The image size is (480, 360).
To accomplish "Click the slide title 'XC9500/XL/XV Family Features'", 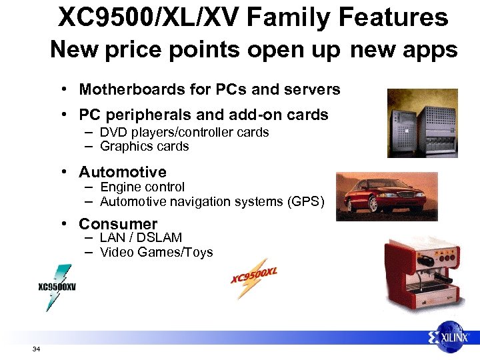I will point(253,17).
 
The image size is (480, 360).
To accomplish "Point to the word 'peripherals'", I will point(143,115).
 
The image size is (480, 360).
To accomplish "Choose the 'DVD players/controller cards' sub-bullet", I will point(184,132).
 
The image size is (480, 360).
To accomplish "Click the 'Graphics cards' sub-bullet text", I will point(144,146).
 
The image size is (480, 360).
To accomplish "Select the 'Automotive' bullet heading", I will point(122,173).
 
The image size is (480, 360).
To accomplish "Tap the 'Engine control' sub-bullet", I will point(142,187).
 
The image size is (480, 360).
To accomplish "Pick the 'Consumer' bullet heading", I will point(118,224).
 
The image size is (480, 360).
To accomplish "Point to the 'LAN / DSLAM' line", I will point(141,238).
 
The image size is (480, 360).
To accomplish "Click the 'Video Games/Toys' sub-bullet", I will point(156,252).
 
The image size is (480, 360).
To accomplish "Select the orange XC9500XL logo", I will point(254,276).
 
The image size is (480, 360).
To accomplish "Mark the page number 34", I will point(36,349).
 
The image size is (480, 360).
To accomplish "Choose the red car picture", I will point(377,197).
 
